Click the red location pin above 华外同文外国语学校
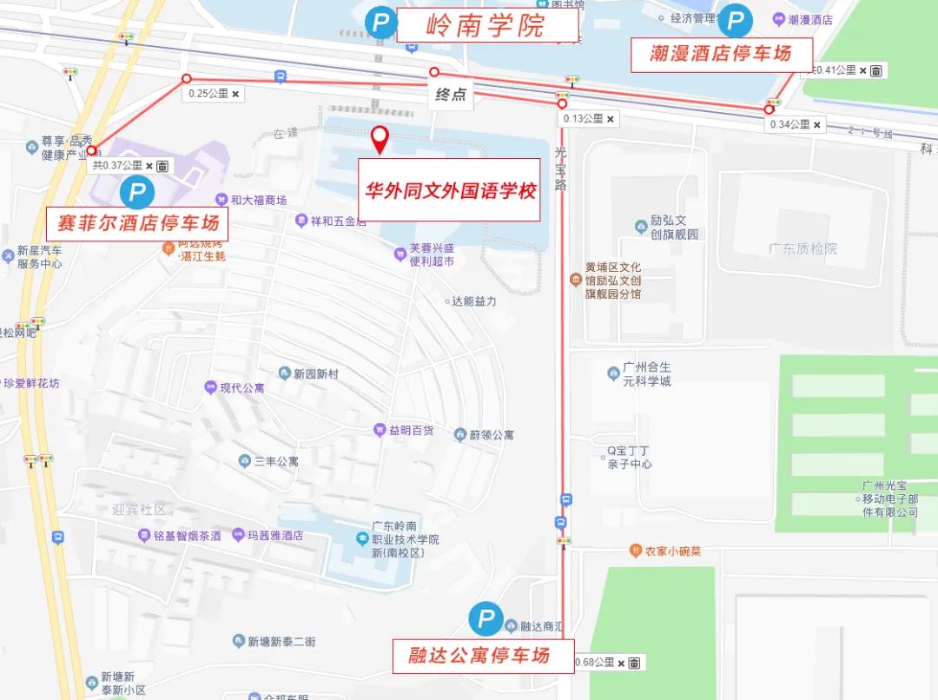pyautogui.click(x=380, y=139)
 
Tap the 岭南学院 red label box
pyautogui.click(x=486, y=25)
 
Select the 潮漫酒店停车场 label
pyautogui.click(x=721, y=55)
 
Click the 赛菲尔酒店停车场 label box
pyautogui.click(x=137, y=223)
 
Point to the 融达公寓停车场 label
pyautogui.click(x=479, y=656)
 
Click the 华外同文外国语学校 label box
pyautogui.click(x=450, y=190)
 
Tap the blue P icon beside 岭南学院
pyautogui.click(x=380, y=23)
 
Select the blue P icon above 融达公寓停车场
pyautogui.click(x=486, y=619)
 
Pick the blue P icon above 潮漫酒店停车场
pyautogui.click(x=735, y=21)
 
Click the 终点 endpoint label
pyautogui.click(x=451, y=95)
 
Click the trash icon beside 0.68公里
pyautogui.click(x=635, y=664)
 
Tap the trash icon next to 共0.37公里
pyautogui.click(x=162, y=165)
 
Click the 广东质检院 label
pyautogui.click(x=803, y=249)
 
